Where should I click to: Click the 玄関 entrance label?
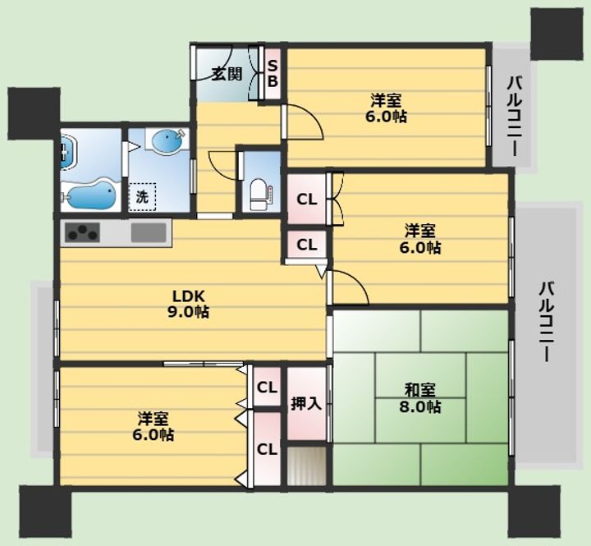point(227,74)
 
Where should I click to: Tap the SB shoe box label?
point(273,74)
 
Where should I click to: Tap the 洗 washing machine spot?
point(142,197)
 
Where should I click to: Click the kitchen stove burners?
point(83,232)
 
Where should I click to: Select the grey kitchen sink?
point(149,232)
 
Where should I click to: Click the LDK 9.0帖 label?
point(188,304)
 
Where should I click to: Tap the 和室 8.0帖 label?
point(420,398)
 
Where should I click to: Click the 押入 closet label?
point(305,404)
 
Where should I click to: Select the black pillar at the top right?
point(557,34)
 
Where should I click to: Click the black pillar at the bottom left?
point(46,512)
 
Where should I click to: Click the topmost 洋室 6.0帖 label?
point(386,108)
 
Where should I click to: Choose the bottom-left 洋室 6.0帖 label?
point(153,426)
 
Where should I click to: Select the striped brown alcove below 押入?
point(306,466)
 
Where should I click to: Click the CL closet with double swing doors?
point(307,199)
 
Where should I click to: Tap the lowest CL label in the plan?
point(267,449)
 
